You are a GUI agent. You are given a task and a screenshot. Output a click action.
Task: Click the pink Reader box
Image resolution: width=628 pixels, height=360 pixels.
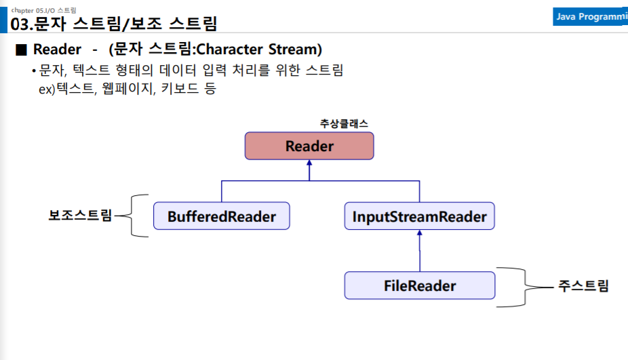309,146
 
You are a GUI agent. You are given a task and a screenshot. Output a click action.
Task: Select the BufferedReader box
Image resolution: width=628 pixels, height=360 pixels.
222,216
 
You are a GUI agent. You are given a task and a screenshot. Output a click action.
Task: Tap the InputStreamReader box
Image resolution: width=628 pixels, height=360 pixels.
419,216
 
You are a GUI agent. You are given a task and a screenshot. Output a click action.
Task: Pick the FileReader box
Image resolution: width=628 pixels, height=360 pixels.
420,285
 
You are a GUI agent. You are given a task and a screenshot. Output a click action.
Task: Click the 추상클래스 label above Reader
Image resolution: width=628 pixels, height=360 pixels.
344,123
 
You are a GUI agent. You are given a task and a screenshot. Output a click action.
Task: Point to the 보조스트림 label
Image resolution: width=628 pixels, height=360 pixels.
80,215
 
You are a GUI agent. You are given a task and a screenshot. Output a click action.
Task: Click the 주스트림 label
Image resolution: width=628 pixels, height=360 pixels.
583,286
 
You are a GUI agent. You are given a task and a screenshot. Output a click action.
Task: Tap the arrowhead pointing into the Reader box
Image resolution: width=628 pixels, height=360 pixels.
309,163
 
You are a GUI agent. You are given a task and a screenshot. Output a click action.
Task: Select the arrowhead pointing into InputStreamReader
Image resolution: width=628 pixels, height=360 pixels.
420,233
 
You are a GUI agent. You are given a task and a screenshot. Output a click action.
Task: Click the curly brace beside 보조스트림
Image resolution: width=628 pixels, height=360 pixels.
131,216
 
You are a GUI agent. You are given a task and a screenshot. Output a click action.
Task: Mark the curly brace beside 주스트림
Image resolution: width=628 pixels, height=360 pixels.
525,287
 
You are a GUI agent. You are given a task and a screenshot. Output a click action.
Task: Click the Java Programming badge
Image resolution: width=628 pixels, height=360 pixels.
590,17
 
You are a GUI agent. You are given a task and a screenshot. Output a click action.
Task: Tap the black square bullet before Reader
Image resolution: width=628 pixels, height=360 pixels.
21,49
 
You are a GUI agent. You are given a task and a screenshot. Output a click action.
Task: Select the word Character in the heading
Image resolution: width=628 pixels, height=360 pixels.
229,49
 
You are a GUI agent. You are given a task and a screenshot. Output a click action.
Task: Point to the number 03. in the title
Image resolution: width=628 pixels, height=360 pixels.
22,24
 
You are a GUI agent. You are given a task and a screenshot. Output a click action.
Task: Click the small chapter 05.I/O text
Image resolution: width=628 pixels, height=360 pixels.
43,10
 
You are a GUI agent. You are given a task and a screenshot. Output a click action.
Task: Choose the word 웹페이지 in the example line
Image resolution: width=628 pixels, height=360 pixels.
128,88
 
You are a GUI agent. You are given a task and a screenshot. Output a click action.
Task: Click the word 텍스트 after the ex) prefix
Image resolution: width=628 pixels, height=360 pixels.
76,88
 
